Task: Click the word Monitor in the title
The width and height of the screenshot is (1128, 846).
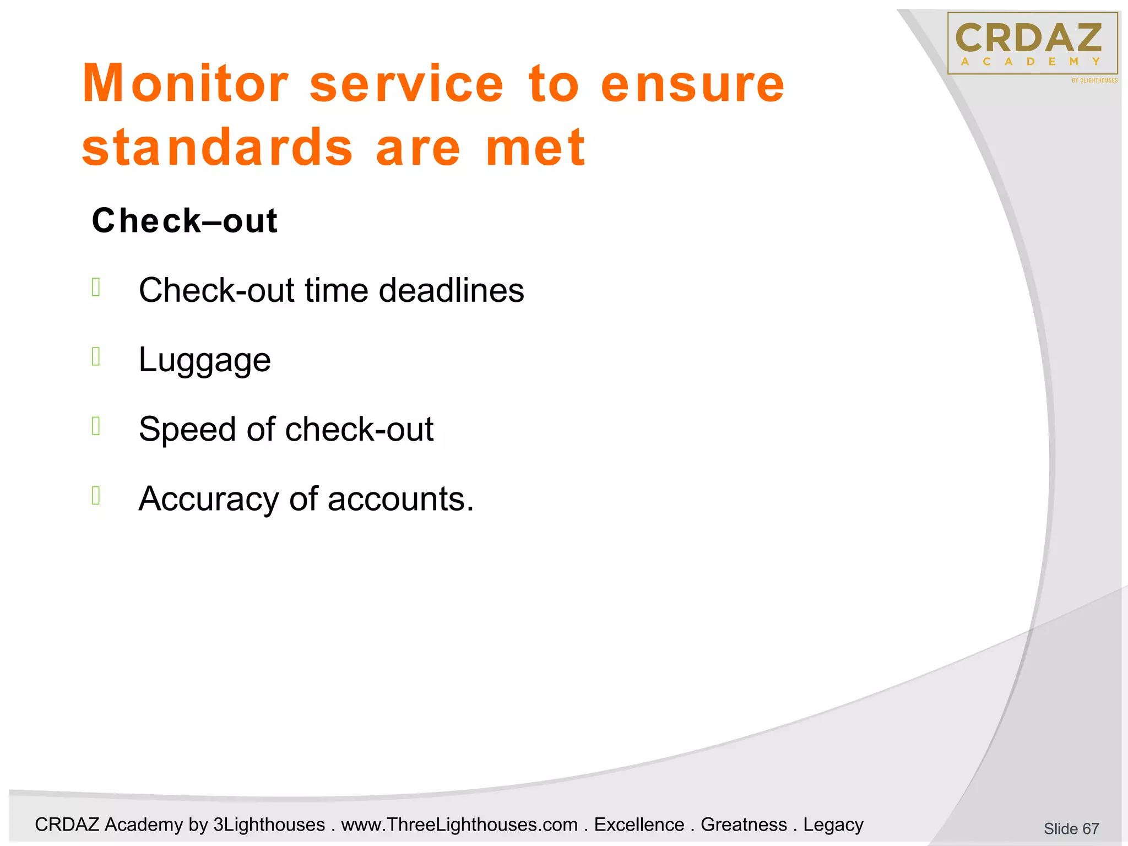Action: point(185,84)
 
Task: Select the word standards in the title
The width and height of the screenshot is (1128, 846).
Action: point(217,148)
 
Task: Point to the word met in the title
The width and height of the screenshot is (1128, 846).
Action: point(535,148)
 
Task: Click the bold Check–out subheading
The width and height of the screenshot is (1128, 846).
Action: point(185,221)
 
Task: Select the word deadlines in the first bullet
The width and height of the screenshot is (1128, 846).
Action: point(451,290)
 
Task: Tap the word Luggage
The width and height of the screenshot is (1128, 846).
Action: point(204,360)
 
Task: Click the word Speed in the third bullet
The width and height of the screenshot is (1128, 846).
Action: point(187,429)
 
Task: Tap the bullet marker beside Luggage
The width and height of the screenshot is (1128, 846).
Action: point(96,357)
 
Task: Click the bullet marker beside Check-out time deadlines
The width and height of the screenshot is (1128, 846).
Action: point(96,287)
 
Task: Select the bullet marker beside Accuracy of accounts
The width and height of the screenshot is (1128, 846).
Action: point(96,496)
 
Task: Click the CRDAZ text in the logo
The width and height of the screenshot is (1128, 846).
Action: point(1028,38)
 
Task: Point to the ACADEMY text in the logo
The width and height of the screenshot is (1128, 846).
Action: point(1031,62)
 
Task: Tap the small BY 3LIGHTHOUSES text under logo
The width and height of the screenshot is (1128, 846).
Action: point(1094,80)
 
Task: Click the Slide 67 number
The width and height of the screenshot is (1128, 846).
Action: point(1071,828)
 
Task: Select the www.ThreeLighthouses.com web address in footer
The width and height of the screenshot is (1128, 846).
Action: point(459,825)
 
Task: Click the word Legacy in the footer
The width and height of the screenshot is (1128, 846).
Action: point(833,825)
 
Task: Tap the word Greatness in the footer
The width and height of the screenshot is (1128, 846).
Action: point(744,825)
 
